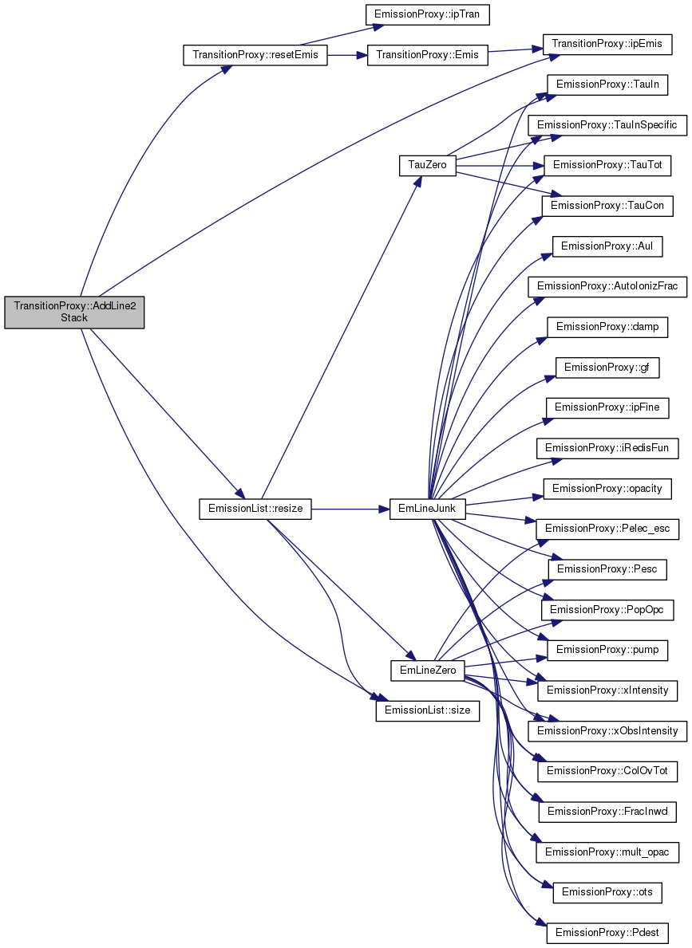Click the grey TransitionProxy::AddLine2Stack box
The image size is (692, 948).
click(74, 312)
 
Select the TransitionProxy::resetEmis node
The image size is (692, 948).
click(255, 55)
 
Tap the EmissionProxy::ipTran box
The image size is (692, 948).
click(428, 14)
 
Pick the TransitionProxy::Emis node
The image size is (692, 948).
click(428, 55)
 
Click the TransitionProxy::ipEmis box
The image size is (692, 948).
click(607, 44)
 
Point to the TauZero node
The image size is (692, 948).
click(428, 165)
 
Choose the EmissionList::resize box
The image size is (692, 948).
click(255, 509)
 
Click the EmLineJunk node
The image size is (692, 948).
click(428, 509)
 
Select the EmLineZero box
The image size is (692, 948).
click(428, 670)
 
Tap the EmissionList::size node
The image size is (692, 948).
click(428, 710)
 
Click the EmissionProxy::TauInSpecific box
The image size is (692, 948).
click(607, 125)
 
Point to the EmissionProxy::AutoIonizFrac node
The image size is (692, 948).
click(607, 286)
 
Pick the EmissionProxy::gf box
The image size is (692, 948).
click(607, 368)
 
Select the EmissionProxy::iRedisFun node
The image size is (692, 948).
click(607, 448)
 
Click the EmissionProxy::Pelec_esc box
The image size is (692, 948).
click(607, 529)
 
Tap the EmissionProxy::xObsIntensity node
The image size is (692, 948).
click(607, 731)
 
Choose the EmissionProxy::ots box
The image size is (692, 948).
click(607, 892)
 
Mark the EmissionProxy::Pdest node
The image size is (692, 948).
click(607, 933)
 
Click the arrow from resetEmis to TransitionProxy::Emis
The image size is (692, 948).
click(347, 55)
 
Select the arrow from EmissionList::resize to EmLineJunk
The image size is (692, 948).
click(350, 509)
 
